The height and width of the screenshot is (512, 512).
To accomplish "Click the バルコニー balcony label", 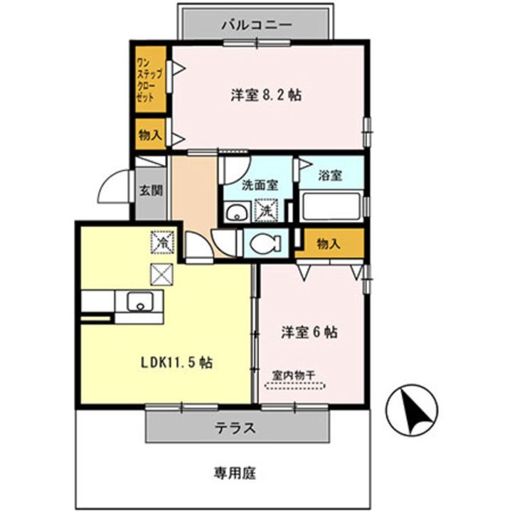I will pyautogui.click(x=256, y=24).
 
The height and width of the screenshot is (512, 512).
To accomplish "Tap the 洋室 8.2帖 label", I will pyautogui.click(x=264, y=95).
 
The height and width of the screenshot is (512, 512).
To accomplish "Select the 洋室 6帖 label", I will pyautogui.click(x=309, y=332).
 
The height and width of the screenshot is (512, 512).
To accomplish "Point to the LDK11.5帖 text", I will pyautogui.click(x=174, y=362).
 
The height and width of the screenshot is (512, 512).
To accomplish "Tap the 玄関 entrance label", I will pyautogui.click(x=149, y=190).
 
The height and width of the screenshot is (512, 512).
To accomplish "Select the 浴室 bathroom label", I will pyautogui.click(x=330, y=175).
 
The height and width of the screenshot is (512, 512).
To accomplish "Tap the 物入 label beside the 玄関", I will pyautogui.click(x=149, y=134).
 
